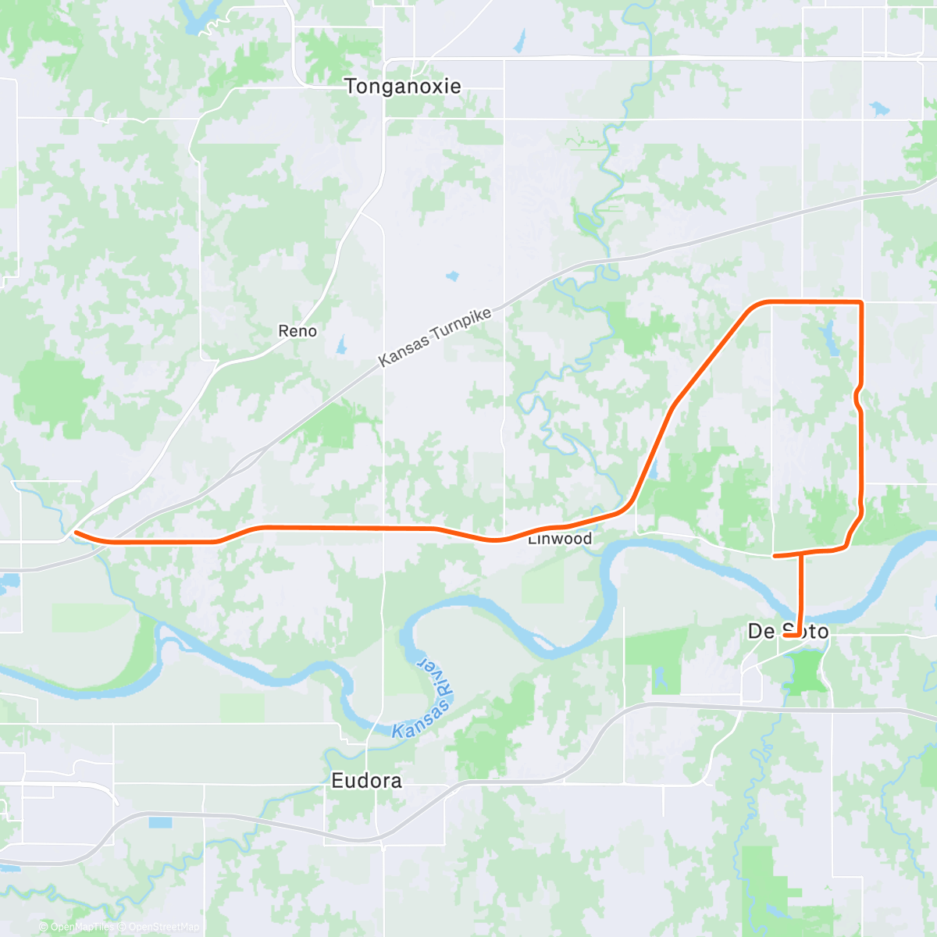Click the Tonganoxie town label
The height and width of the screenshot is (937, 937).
[x=403, y=86]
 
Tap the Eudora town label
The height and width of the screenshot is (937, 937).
[x=366, y=780]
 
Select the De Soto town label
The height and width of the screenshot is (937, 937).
[x=787, y=631]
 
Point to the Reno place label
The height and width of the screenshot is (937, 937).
[x=297, y=331]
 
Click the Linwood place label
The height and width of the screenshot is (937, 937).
[x=560, y=540]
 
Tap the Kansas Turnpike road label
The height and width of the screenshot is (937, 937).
[x=435, y=337]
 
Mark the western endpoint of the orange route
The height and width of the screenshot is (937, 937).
[x=76, y=533]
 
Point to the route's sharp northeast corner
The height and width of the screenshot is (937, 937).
[x=860, y=301]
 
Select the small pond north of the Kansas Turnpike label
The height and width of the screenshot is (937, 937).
[x=452, y=276]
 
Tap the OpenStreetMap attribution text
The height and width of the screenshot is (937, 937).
[x=163, y=927]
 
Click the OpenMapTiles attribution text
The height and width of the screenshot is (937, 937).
[x=82, y=927]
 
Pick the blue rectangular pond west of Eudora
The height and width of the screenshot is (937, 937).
[x=160, y=822]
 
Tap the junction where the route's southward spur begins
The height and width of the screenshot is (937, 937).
[x=801, y=553]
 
